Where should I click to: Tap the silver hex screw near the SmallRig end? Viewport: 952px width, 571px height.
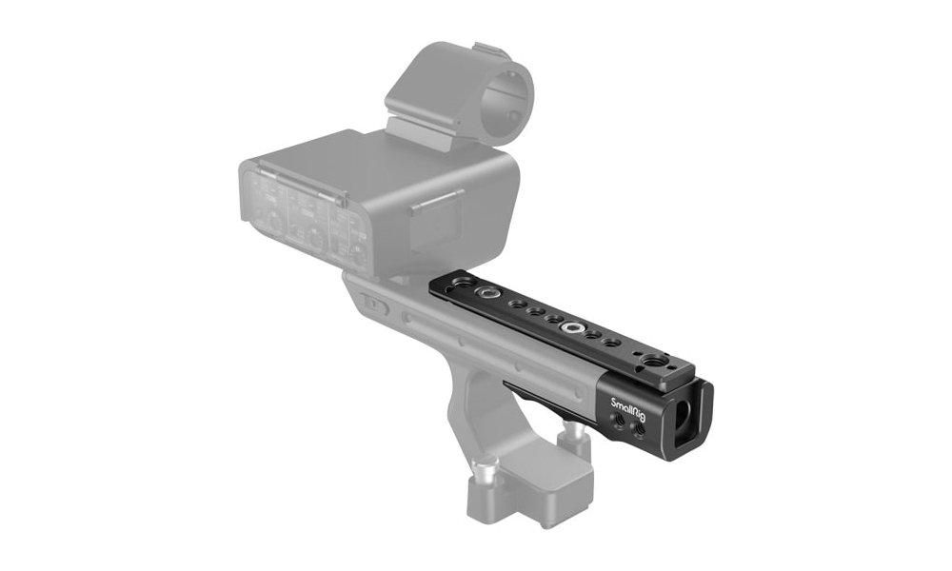(x=574, y=326)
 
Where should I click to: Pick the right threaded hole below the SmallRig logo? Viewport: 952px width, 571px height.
(x=638, y=430)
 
